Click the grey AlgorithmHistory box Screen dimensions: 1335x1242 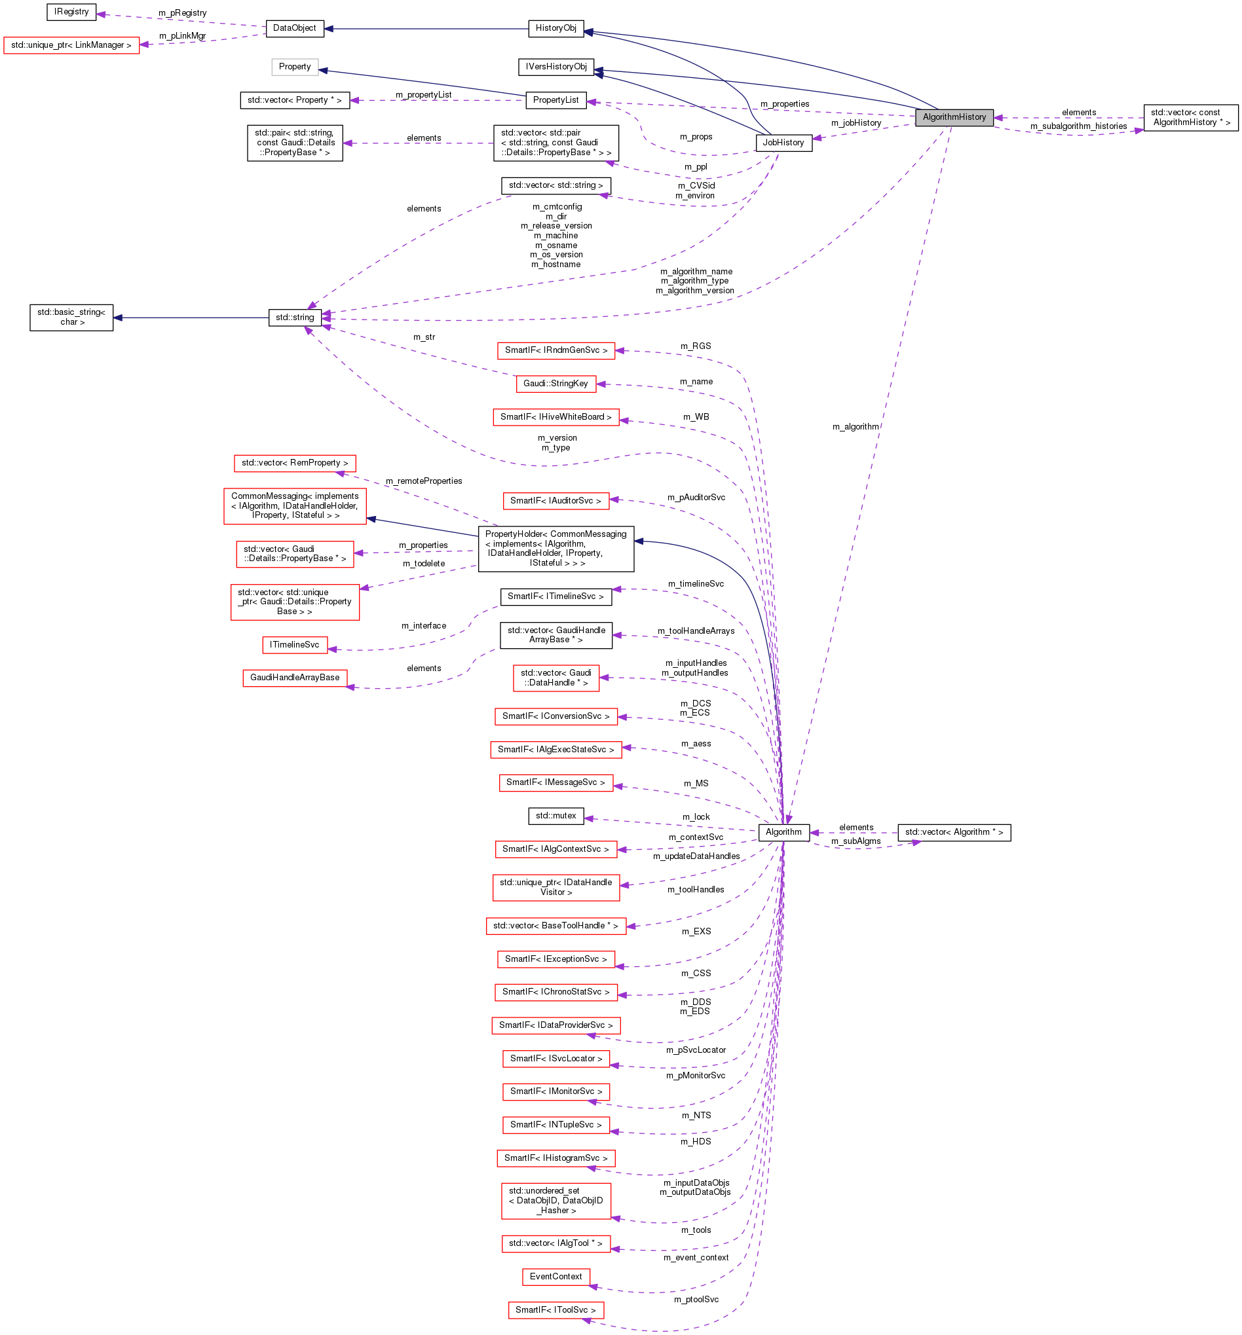tap(954, 117)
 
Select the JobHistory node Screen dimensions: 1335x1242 tap(783, 142)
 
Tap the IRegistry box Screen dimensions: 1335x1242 tap(71, 11)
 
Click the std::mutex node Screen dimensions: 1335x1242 tap(555, 816)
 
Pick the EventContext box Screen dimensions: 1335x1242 tap(555, 1277)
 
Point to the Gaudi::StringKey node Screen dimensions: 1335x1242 tap(555, 384)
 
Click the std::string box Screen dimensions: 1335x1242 tap(295, 318)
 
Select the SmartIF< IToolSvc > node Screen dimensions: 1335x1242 tap(555, 1310)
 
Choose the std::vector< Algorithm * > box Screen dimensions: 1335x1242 tap(954, 833)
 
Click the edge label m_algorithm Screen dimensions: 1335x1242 tap(855, 426)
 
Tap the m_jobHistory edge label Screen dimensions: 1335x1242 tap(856, 123)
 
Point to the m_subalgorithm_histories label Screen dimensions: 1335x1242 tap(1078, 126)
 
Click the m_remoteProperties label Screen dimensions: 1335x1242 tap(424, 481)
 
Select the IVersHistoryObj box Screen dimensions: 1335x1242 tap(556, 67)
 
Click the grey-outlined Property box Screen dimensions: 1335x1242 tap(295, 67)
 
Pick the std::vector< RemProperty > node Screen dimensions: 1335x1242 tap(295, 464)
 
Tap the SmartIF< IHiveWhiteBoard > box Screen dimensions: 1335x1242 tap(555, 417)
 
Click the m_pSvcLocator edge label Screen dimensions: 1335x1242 tap(696, 1050)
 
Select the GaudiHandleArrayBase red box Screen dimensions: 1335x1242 tap(295, 678)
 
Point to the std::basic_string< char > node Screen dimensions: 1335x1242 tap(71, 318)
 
